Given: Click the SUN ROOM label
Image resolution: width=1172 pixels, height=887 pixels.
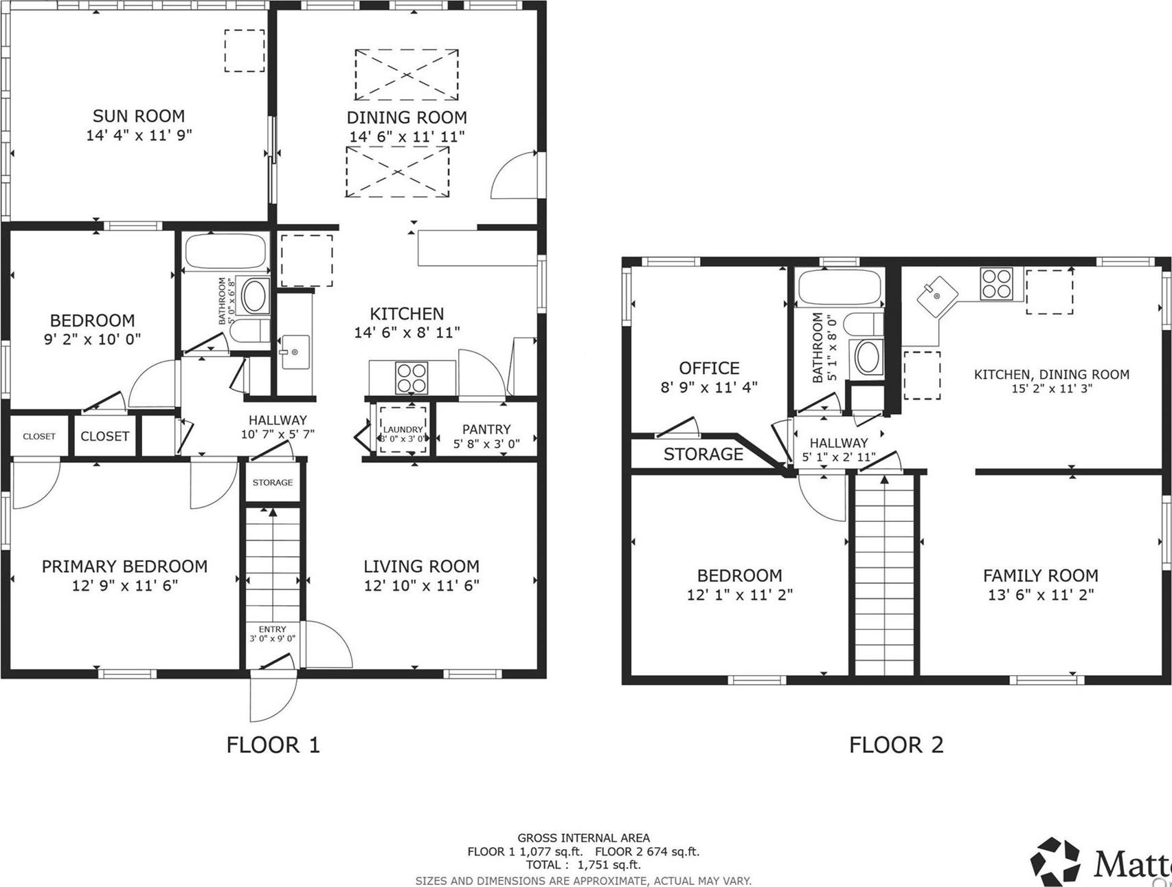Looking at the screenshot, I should [x=139, y=116].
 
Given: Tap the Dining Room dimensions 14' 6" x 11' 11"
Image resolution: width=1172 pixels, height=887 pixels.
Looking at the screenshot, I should [x=407, y=137].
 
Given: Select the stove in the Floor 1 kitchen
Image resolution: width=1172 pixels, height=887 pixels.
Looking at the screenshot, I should [x=412, y=377].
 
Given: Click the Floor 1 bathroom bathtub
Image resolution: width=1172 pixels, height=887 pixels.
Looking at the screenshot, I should [x=225, y=252].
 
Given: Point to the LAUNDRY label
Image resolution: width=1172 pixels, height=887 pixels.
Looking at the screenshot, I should [x=403, y=429].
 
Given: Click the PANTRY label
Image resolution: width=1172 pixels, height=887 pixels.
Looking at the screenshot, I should [x=486, y=429].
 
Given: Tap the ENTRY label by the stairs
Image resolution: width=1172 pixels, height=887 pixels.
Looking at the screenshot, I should [x=273, y=629].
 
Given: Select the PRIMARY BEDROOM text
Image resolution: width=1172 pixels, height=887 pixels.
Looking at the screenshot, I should [x=124, y=566].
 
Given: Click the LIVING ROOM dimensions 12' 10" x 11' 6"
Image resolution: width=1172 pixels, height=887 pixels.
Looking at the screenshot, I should [x=421, y=585].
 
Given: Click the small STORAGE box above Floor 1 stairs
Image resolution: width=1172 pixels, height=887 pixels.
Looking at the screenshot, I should [x=273, y=483].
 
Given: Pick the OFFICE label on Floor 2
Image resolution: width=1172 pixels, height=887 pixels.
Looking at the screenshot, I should [x=709, y=368].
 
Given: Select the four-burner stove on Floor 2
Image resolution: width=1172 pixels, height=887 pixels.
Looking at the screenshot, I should [x=997, y=283].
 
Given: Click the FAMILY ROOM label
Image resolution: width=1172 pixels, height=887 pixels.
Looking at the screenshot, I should [x=1040, y=575].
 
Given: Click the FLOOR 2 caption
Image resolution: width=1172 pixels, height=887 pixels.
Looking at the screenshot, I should [x=896, y=744].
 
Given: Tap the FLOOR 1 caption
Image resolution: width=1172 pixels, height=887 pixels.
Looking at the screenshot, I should [x=273, y=744].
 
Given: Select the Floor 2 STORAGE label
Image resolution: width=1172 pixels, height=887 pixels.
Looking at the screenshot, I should [x=703, y=454].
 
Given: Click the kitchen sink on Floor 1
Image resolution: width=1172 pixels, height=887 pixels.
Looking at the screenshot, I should [x=295, y=352].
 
